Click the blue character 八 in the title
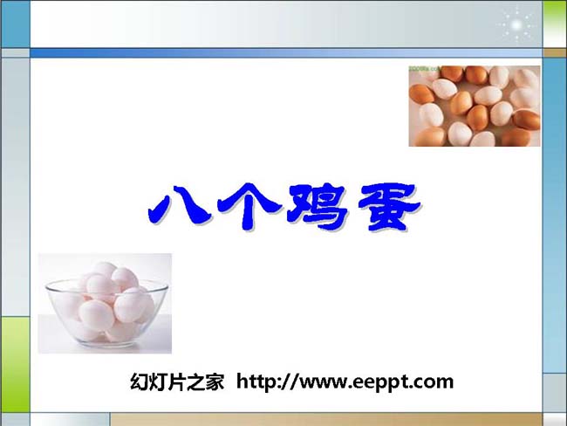point(180,206)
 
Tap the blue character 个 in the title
point(249,207)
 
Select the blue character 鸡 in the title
point(318,207)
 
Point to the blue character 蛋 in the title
point(390,207)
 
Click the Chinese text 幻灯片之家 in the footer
point(177,381)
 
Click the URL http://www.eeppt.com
point(345,381)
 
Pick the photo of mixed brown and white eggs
point(475,106)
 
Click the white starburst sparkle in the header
point(516,25)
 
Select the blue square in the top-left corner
point(15,24)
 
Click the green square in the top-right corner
point(554,24)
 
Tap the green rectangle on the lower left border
point(16,364)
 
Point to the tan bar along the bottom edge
point(326,420)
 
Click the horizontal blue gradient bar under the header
point(286,53)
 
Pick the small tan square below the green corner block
point(555,53)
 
